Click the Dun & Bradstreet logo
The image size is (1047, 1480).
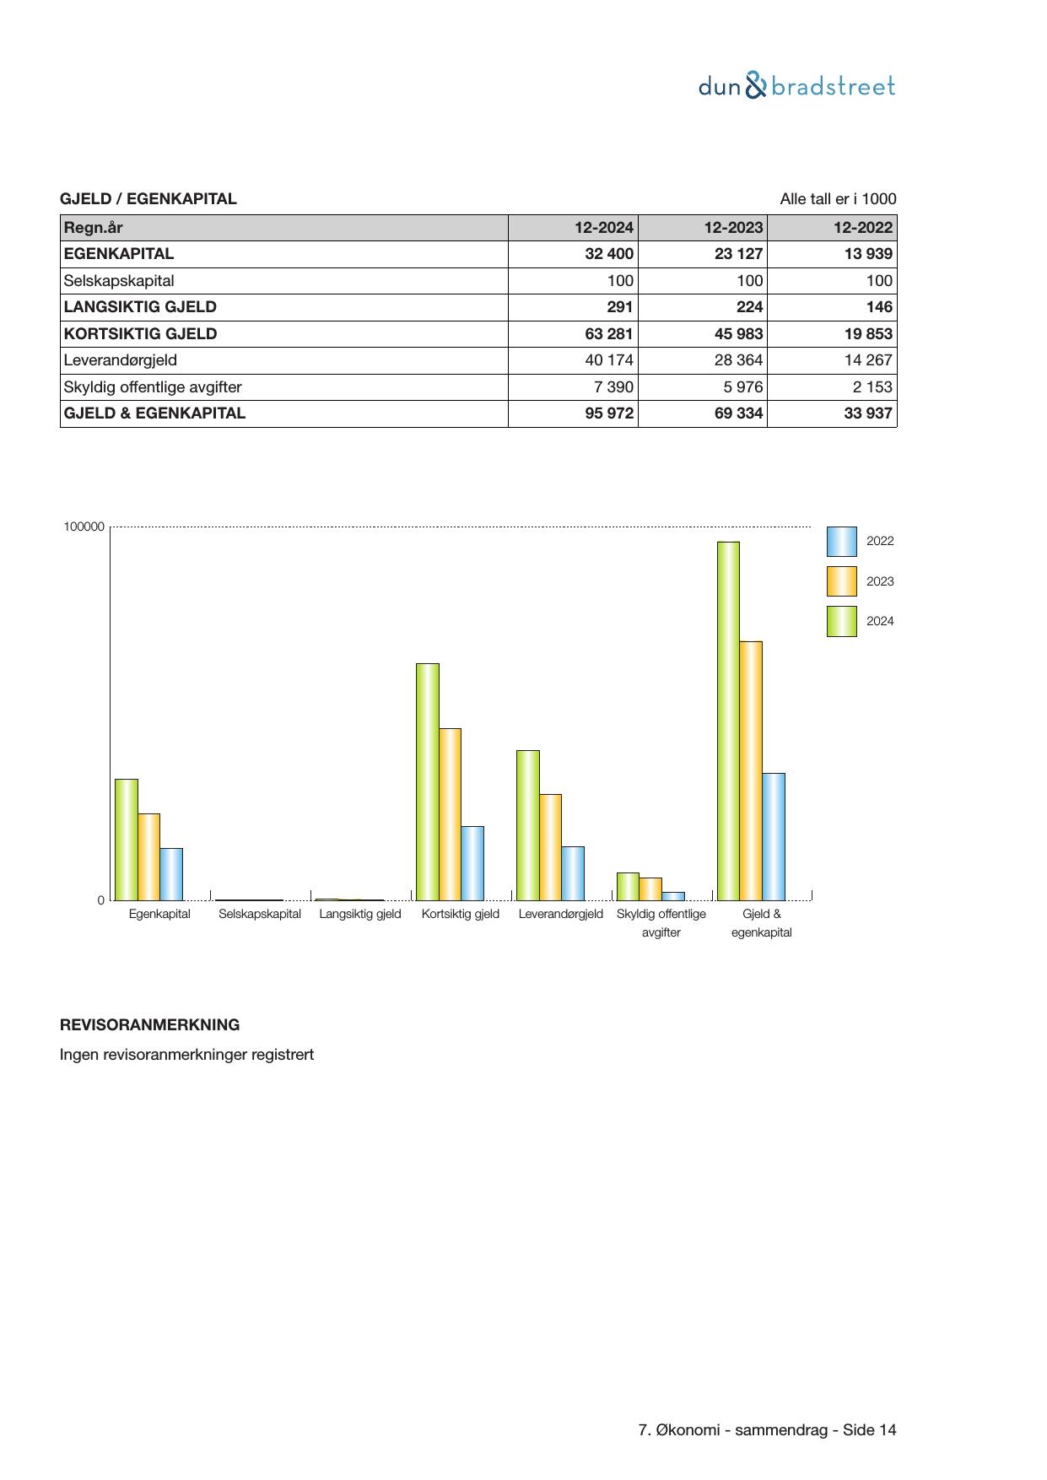click(x=796, y=86)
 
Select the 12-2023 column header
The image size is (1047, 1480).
click(x=733, y=228)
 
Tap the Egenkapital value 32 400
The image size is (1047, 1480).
click(x=608, y=254)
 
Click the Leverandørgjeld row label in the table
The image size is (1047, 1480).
click(x=121, y=360)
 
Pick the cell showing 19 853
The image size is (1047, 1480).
click(x=867, y=334)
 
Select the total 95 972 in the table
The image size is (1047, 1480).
click(x=608, y=413)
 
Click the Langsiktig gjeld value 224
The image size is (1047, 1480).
click(x=748, y=307)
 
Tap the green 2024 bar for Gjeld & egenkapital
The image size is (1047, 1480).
click(x=728, y=721)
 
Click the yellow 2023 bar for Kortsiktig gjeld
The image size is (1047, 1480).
click(x=450, y=814)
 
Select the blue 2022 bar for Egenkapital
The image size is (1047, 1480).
click(x=171, y=874)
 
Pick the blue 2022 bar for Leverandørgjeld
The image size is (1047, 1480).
click(x=573, y=873)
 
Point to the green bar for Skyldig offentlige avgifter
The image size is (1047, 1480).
click(x=628, y=886)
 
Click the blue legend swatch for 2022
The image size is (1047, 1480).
click(x=841, y=542)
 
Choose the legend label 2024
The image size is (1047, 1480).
click(x=880, y=622)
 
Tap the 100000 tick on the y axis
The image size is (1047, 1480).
click(x=84, y=527)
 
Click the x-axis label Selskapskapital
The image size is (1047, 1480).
click(x=260, y=914)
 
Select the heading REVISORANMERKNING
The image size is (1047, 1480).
click(x=149, y=1025)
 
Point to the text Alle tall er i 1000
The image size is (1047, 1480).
click(x=838, y=199)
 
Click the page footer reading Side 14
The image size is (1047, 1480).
click(x=870, y=1430)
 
